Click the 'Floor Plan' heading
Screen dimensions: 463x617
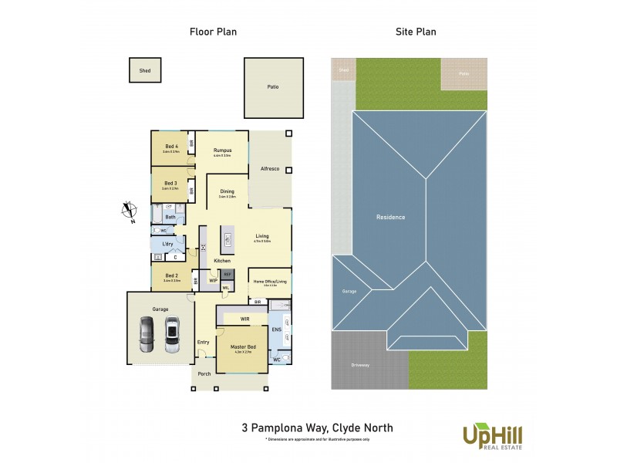(213, 32)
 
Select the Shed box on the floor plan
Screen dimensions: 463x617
(144, 70)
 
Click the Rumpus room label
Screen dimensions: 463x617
(222, 150)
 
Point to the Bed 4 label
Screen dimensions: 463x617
(171, 147)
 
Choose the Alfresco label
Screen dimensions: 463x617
(269, 168)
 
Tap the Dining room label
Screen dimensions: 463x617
(227, 191)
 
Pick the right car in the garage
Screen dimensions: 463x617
(172, 333)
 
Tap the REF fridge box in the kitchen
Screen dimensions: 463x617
(227, 274)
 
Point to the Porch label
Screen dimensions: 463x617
(204, 374)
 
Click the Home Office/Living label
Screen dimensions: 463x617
(270, 282)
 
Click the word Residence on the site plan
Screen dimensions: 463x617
(390, 217)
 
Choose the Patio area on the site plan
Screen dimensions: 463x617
(464, 73)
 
